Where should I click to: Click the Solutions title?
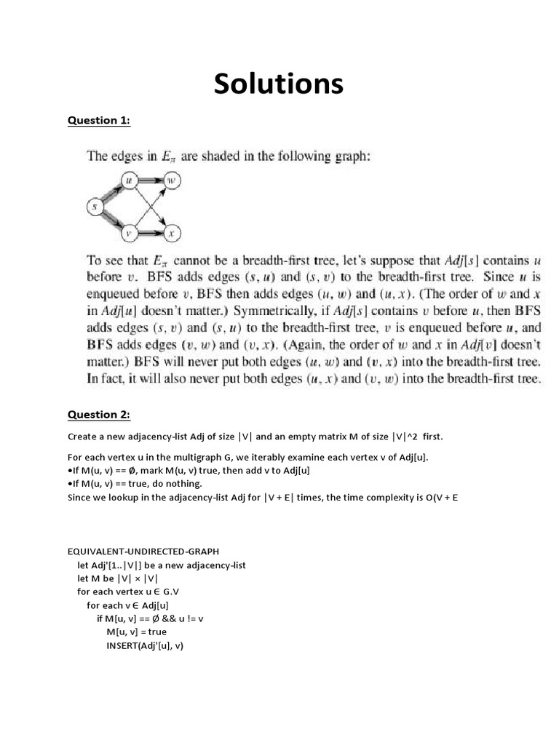coord(279,84)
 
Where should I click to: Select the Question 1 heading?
coord(98,121)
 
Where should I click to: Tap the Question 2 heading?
coord(98,415)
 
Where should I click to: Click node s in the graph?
coord(94,207)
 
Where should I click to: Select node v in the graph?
coord(129,234)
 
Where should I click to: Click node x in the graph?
coord(172,234)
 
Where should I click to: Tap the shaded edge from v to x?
coord(150,234)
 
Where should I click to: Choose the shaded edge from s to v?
coord(111,221)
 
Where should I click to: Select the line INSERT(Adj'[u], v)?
coord(145,645)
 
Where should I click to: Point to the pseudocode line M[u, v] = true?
coord(137,632)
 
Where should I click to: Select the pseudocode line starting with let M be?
coord(117,578)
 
